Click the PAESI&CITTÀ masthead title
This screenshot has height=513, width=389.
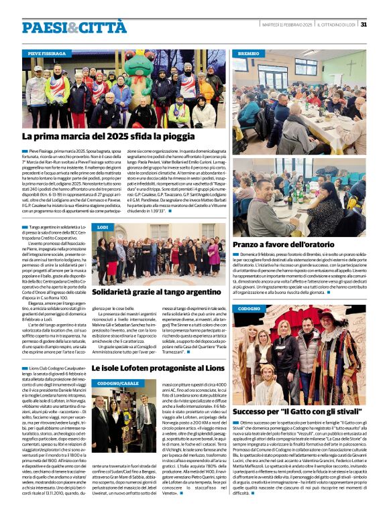[x=73, y=27]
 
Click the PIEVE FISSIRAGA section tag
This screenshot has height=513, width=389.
[x=47, y=53]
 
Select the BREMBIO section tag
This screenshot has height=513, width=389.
[x=248, y=52]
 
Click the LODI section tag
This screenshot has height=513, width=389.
[x=103, y=228]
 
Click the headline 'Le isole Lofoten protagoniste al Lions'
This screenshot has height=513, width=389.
[x=159, y=368]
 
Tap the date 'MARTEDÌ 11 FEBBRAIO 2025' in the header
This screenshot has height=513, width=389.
[x=287, y=24]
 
